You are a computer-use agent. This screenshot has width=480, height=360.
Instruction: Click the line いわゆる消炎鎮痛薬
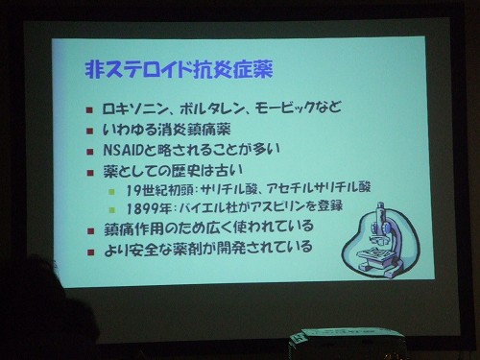pyautogui.click(x=175, y=129)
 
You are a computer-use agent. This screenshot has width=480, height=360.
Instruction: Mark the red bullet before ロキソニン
pyautogui.click(x=89, y=108)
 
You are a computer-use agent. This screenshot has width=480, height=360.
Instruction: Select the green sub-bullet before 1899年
pyautogui.click(x=112, y=208)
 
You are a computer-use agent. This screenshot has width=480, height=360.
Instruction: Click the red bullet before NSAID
pyautogui.click(x=89, y=151)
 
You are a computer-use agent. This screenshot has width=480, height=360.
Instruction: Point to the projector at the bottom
pyautogui.click(x=346, y=343)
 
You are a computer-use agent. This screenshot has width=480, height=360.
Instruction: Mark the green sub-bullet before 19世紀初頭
pyautogui.click(x=112, y=191)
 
